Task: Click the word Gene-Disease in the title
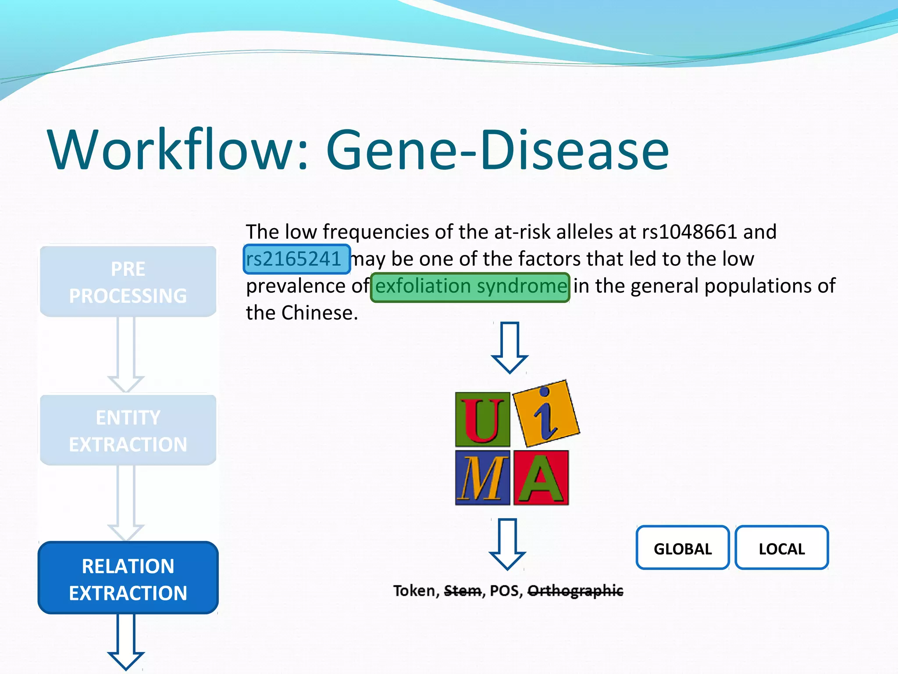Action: click(x=497, y=151)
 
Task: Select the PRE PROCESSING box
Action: click(x=128, y=282)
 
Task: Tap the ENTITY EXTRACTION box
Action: click(x=128, y=430)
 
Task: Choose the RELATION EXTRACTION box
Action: click(x=128, y=579)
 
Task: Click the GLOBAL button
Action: click(x=682, y=549)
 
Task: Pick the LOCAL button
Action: click(x=781, y=549)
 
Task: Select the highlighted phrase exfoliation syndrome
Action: click(x=470, y=287)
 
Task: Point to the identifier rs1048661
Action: click(x=689, y=232)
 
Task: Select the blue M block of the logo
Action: click(x=482, y=478)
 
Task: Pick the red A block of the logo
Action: click(x=541, y=478)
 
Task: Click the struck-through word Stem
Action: click(x=463, y=591)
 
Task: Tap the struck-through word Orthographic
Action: click(x=575, y=591)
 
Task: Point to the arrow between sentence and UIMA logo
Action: click(x=509, y=347)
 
